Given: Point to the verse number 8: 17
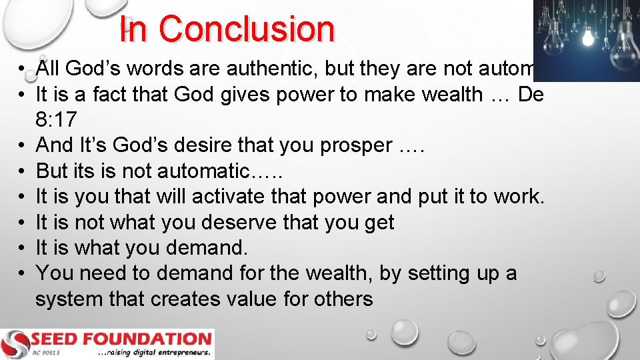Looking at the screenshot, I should (x=57, y=119).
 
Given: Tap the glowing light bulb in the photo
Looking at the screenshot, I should (x=587, y=38).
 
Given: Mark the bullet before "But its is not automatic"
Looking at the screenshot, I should (x=22, y=171).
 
